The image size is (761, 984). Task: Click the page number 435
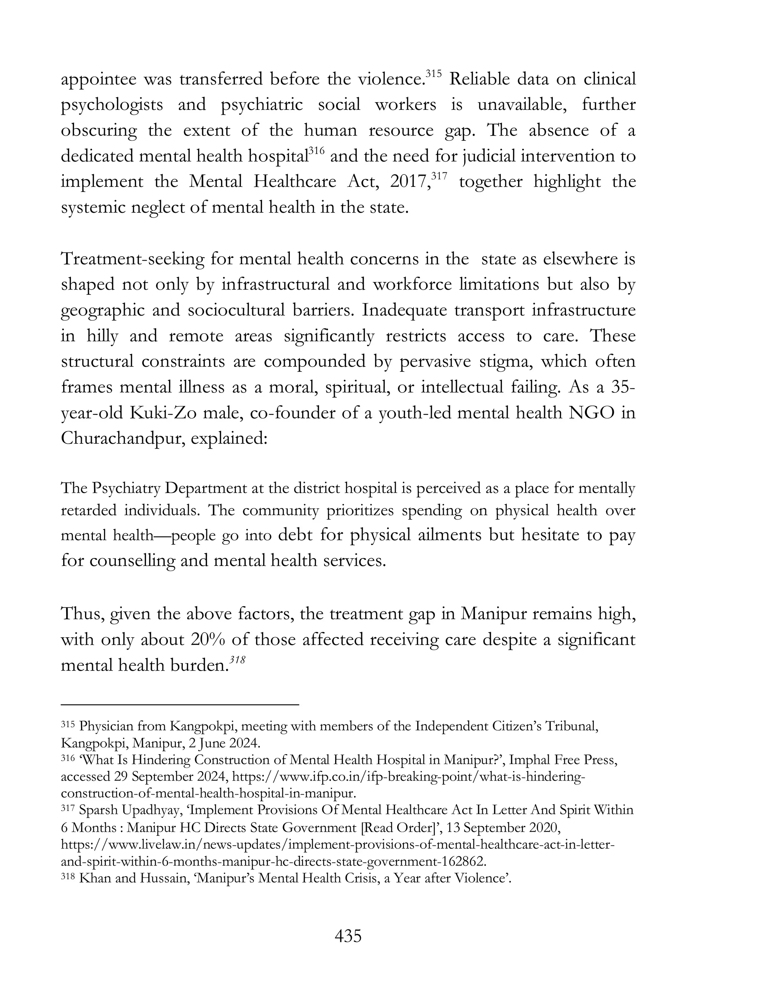click(348, 936)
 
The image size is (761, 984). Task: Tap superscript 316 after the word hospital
click(317, 150)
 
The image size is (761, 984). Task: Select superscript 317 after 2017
click(439, 176)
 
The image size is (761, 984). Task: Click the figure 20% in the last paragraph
click(205, 640)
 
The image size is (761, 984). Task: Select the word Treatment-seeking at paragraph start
click(133, 259)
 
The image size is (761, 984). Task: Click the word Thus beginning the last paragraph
click(82, 614)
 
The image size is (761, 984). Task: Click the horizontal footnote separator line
click(180, 704)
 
